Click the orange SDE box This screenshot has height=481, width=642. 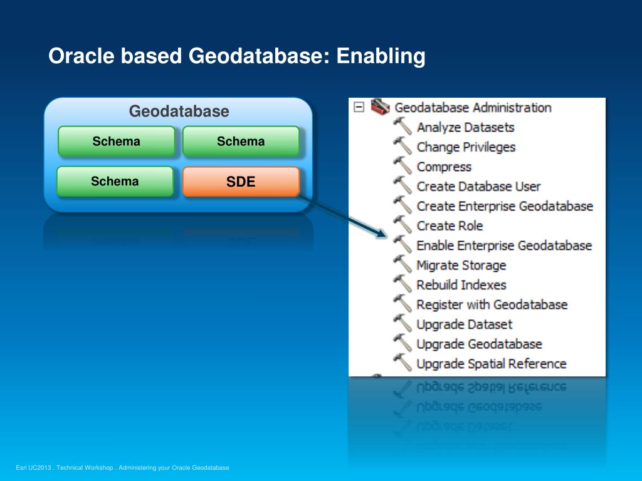point(241,181)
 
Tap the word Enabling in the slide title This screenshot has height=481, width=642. point(381,56)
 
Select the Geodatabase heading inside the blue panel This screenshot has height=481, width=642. point(179,111)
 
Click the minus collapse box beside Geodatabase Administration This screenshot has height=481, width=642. point(359,107)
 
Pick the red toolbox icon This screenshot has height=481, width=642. point(380,106)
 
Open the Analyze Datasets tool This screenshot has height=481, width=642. point(466,127)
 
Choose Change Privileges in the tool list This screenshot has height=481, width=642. point(466,147)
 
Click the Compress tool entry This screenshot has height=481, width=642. point(444,167)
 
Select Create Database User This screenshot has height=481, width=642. point(478,187)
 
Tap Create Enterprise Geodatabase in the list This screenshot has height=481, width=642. point(505,206)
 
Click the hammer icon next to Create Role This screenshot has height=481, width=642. point(403,225)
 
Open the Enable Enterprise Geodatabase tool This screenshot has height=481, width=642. point(504,246)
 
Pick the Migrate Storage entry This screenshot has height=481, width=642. point(461,266)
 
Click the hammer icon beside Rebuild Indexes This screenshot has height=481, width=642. point(403,284)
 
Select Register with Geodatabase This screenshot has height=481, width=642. point(492,305)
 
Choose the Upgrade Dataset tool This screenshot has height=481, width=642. point(465,324)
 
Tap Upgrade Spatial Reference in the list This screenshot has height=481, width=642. point(492,364)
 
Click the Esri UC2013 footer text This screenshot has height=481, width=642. point(122,467)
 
